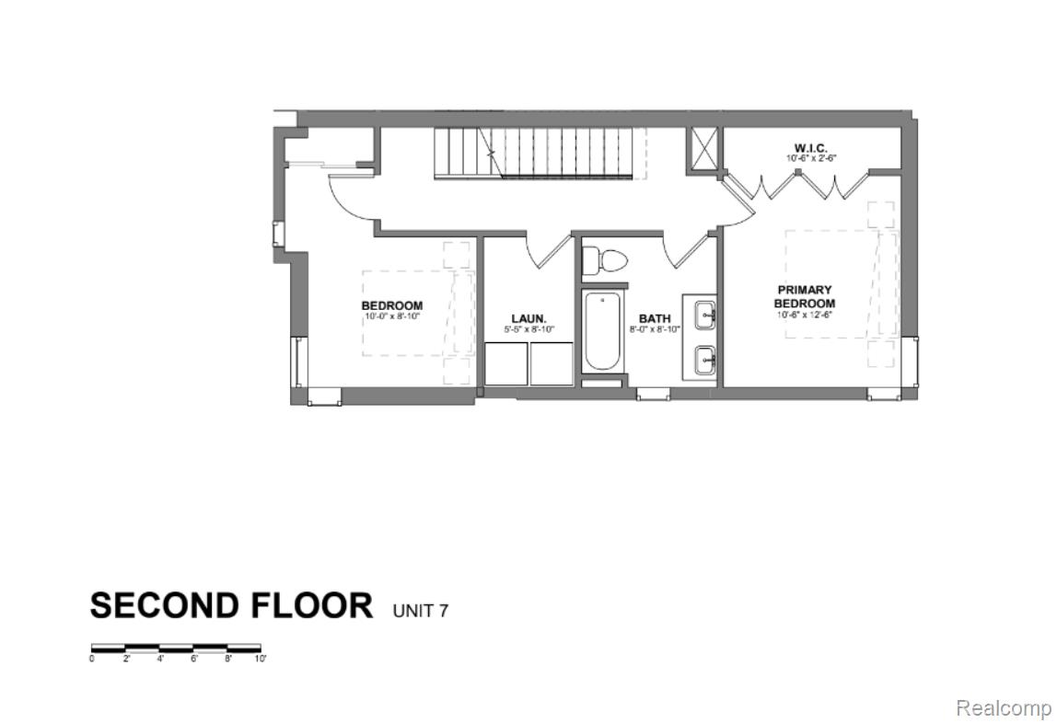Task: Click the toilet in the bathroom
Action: click(x=605, y=260)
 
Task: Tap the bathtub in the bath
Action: click(x=604, y=332)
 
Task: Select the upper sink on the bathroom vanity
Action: click(x=705, y=315)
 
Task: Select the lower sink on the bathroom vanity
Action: click(x=705, y=360)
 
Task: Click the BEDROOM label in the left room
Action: click(x=391, y=306)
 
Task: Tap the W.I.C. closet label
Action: click(x=810, y=148)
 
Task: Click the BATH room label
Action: click(x=655, y=319)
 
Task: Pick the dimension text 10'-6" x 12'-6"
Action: click(x=804, y=315)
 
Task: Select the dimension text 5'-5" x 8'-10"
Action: click(x=528, y=329)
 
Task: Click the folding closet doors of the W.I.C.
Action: click(x=796, y=186)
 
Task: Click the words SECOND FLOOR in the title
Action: click(x=231, y=606)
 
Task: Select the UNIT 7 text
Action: click(x=421, y=610)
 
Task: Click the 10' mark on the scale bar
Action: click(x=261, y=659)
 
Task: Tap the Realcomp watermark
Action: click(x=1003, y=707)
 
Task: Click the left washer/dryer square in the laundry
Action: click(x=505, y=363)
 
